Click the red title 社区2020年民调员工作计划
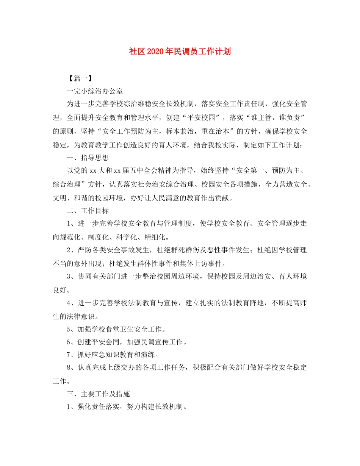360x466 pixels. (x=180, y=52)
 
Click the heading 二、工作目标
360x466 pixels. (x=88, y=210)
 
